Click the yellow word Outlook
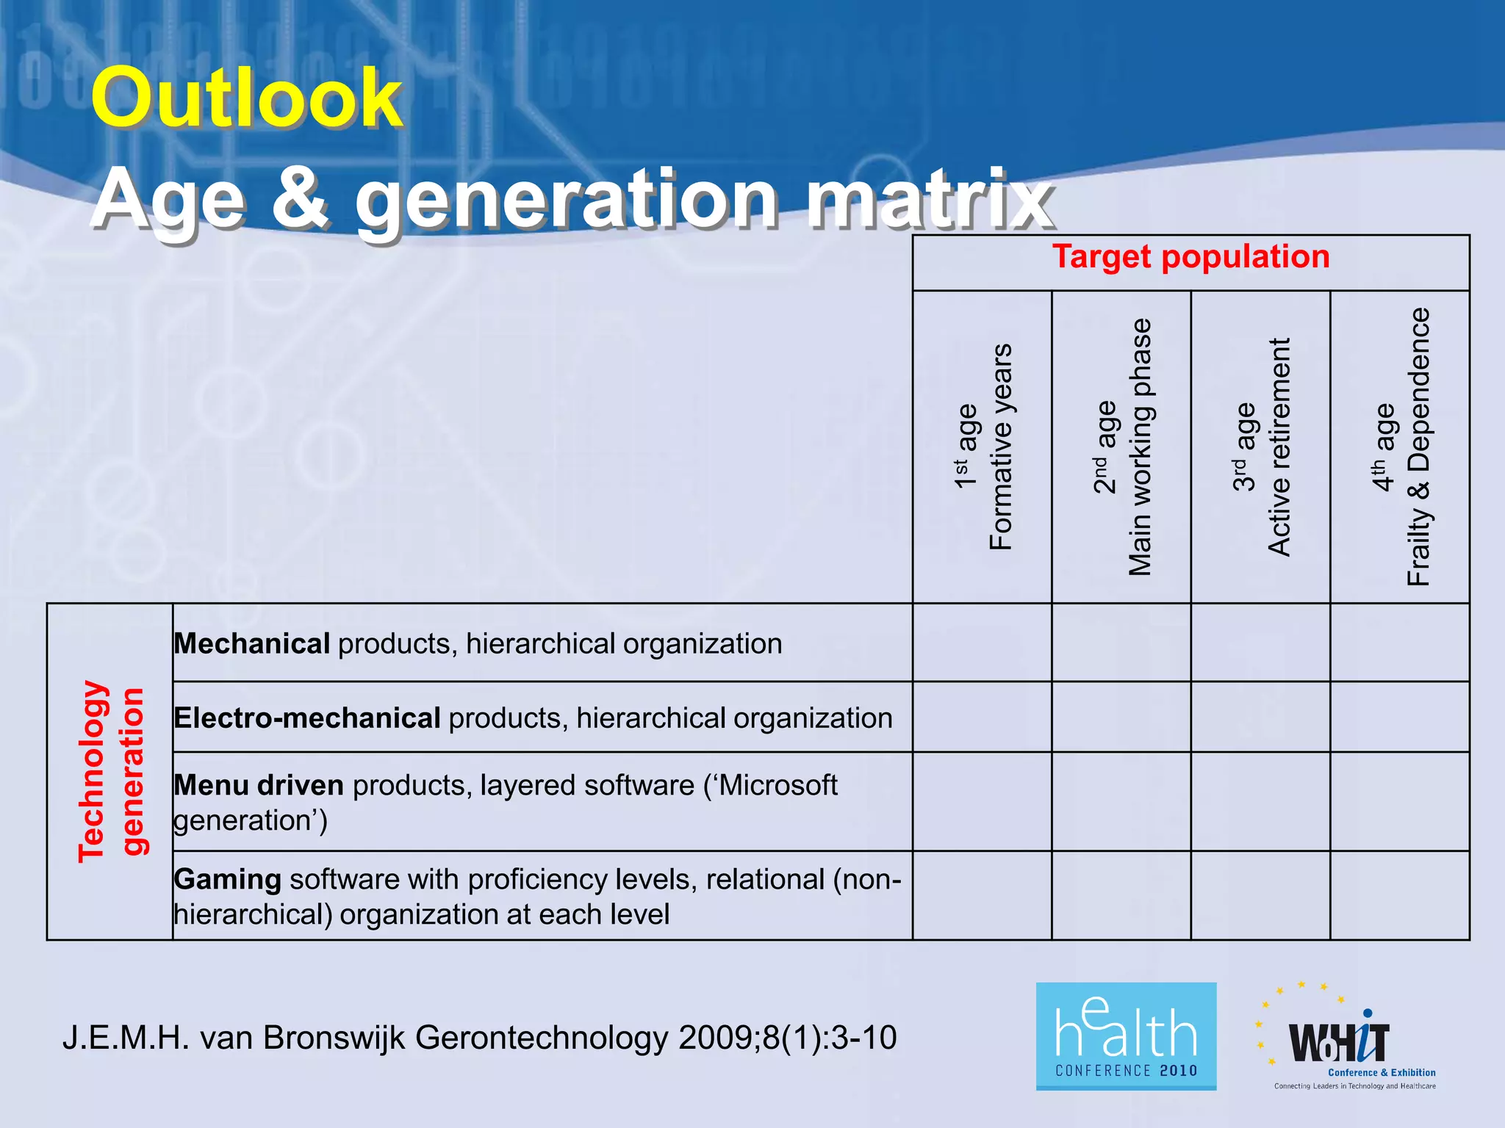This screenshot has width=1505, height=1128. tap(247, 98)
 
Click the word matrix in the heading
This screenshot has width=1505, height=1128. tap(930, 198)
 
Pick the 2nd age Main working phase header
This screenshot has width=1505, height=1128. tap(1121, 446)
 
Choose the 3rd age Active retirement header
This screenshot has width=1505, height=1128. tap(1261, 446)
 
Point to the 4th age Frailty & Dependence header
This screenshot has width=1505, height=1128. tap(1401, 446)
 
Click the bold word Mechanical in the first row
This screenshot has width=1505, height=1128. tap(252, 644)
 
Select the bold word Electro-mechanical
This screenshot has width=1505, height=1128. tap(307, 717)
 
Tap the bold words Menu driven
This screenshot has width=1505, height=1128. tap(259, 785)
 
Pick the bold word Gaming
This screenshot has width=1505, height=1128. tap(228, 879)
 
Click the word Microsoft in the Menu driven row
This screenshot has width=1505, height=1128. tap(778, 785)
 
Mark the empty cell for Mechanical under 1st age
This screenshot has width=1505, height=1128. tap(983, 643)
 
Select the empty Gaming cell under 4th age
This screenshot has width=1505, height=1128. tap(1401, 895)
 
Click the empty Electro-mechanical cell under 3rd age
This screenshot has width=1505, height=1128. tap(1261, 717)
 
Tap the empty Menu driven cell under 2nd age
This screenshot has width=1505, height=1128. tap(1121, 801)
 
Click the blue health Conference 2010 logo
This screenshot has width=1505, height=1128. tap(1126, 1036)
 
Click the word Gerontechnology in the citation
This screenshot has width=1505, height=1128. tap(542, 1038)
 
